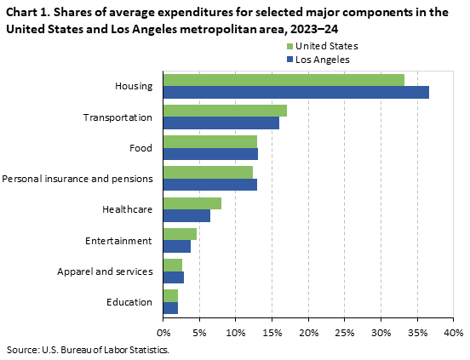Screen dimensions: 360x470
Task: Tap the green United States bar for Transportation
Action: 225,111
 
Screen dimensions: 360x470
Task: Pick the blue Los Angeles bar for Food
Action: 210,154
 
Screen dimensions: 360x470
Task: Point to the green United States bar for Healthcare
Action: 192,203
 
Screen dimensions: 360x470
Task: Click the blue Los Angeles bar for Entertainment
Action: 176,247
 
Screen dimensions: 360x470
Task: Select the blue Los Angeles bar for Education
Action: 170,308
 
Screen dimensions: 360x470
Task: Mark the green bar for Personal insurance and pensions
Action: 208,173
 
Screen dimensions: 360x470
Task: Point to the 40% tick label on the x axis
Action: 453,331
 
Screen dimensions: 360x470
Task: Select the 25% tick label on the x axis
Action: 344,331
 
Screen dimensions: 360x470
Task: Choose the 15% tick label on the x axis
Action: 272,331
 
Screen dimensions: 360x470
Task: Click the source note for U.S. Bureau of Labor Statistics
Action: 88,350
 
